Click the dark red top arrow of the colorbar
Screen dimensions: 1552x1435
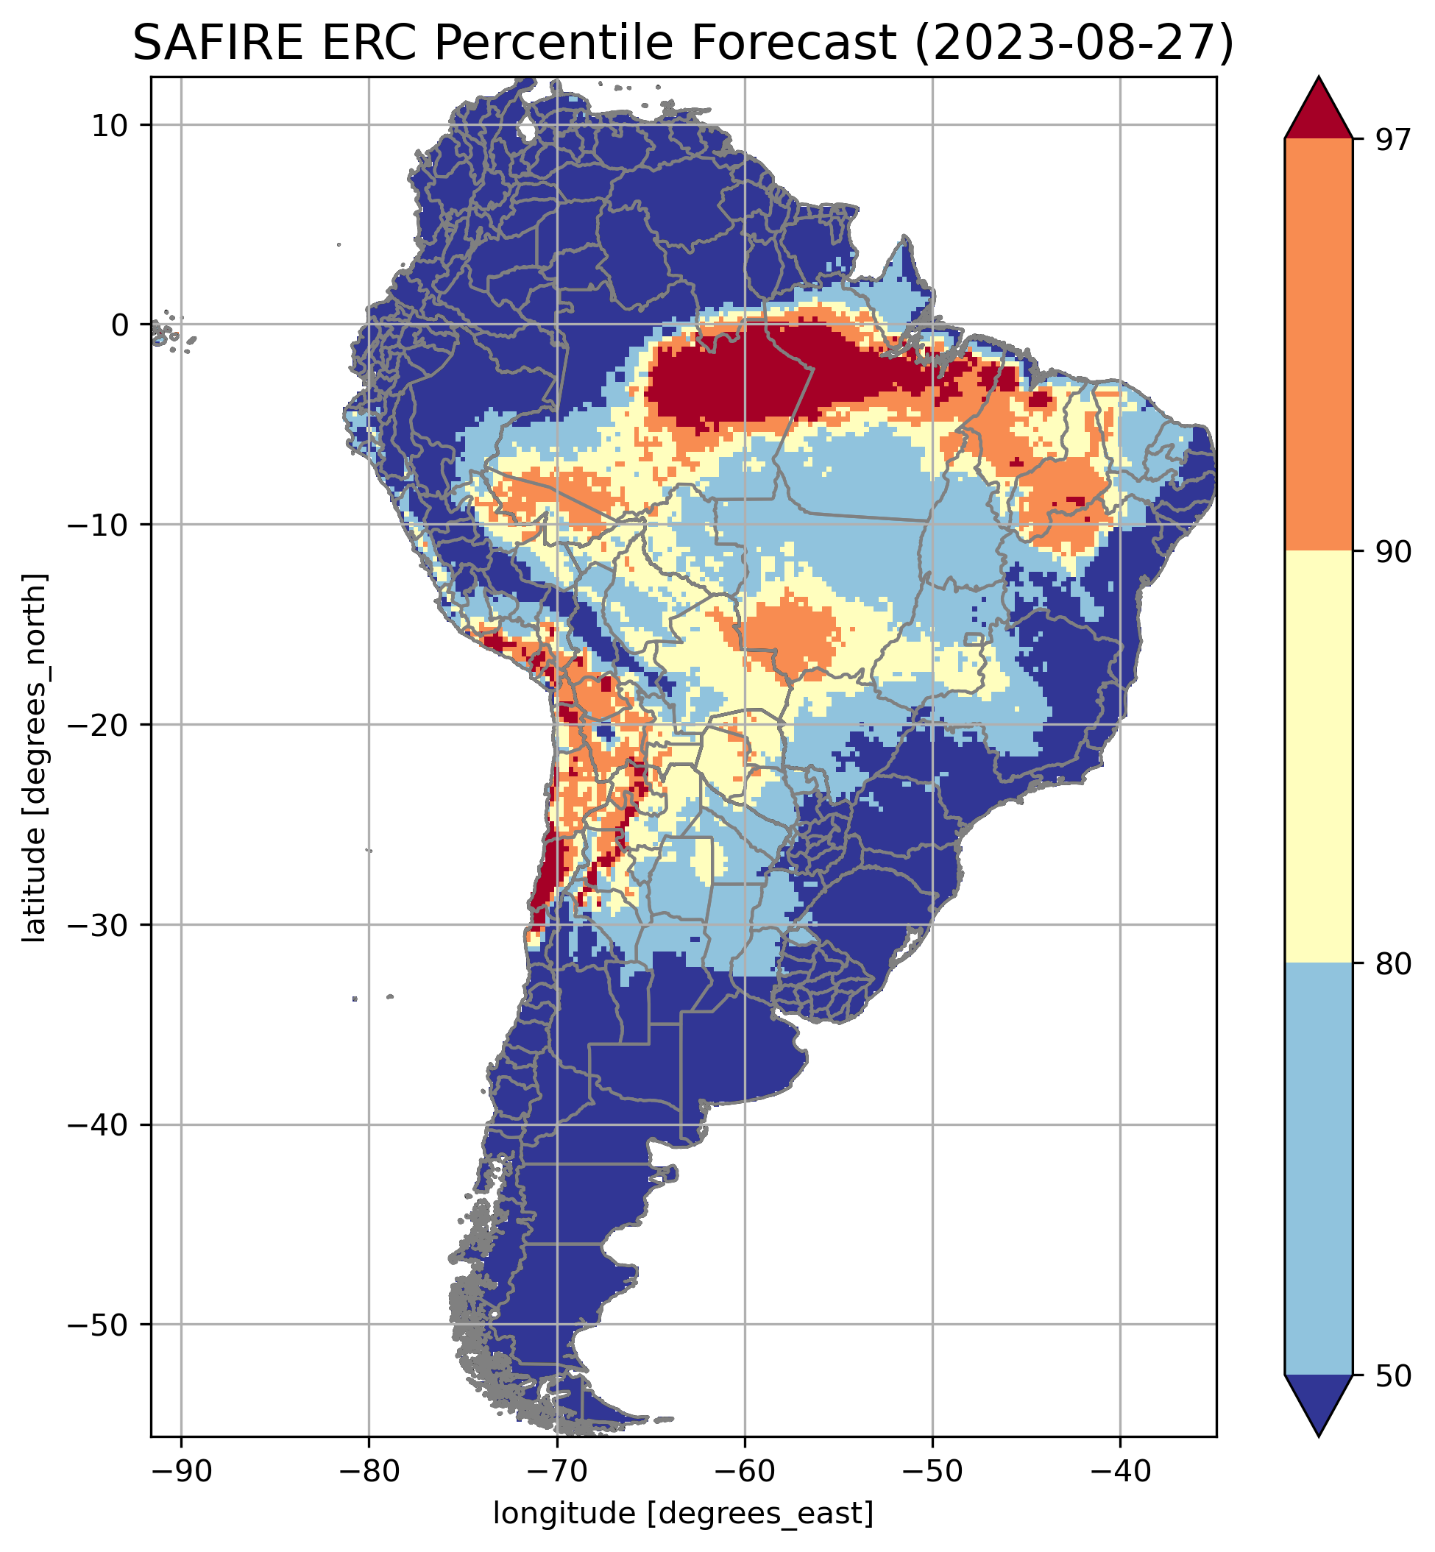pyautogui.click(x=1319, y=113)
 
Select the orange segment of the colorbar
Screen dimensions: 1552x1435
pyautogui.click(x=1319, y=345)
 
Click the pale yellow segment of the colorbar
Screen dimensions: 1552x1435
pyautogui.click(x=1319, y=757)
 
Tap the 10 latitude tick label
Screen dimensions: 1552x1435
pyautogui.click(x=110, y=125)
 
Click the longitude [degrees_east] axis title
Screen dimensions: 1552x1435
pyautogui.click(x=684, y=1513)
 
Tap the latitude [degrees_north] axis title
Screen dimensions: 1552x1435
pyautogui.click(x=34, y=758)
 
